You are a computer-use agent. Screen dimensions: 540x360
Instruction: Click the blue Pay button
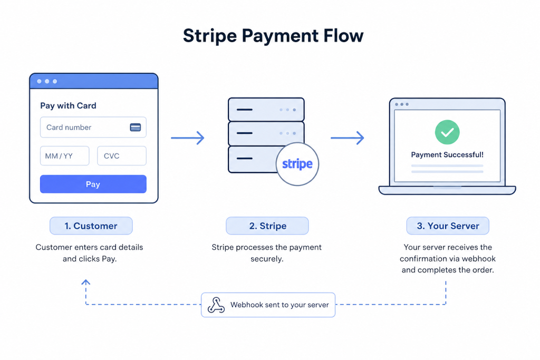(x=93, y=184)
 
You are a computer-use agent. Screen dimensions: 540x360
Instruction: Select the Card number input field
(x=93, y=128)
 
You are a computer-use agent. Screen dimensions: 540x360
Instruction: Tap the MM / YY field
(x=65, y=156)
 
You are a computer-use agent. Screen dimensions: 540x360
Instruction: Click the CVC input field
(x=122, y=156)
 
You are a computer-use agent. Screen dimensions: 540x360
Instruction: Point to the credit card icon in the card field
(x=136, y=128)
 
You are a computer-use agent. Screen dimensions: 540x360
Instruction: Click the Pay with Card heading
(x=68, y=105)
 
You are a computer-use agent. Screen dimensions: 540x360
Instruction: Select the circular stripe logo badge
(x=297, y=164)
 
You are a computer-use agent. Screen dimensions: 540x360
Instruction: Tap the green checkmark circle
(x=447, y=132)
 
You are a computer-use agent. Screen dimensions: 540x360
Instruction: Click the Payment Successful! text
(x=447, y=155)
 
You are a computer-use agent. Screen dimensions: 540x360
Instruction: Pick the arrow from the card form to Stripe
(x=188, y=138)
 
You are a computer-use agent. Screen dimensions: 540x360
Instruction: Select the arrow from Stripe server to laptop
(x=347, y=138)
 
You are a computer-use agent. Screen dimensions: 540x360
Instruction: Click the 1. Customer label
(x=91, y=226)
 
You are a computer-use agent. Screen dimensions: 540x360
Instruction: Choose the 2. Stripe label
(x=267, y=226)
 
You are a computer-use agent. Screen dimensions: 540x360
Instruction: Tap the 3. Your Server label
(x=448, y=226)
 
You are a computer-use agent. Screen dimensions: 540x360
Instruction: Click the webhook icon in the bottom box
(x=216, y=305)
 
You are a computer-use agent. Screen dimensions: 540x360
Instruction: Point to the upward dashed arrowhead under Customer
(x=86, y=282)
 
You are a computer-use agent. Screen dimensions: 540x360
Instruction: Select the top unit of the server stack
(x=266, y=110)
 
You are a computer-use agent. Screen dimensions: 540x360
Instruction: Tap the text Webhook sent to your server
(x=279, y=305)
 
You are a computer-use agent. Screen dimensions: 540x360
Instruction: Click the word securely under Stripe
(x=267, y=259)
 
